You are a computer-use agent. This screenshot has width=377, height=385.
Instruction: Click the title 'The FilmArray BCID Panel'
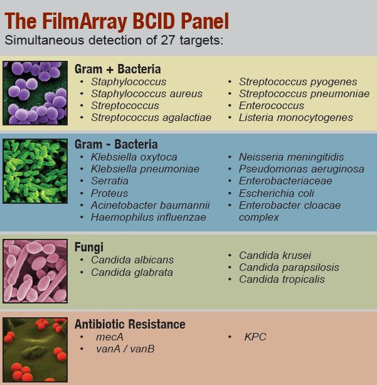[x=117, y=21]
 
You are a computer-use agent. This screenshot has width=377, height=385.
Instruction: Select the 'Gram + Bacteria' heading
[x=118, y=69]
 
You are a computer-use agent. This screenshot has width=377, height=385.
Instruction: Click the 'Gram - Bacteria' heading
[x=116, y=144]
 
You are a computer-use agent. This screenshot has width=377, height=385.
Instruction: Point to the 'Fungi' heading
[x=89, y=247]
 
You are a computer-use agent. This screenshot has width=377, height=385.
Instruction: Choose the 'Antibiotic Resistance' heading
[x=130, y=324]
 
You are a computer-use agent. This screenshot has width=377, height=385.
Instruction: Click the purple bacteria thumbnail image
[x=35, y=93]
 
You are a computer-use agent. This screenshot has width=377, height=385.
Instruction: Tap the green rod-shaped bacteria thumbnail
[x=35, y=171]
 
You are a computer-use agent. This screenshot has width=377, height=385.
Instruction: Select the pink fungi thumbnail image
[x=35, y=271]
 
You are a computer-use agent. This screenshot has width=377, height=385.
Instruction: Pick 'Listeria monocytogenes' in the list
[x=296, y=117]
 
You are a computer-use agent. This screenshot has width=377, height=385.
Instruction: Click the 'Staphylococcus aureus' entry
[x=147, y=93]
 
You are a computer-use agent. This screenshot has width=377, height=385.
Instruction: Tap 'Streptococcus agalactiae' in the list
[x=151, y=117]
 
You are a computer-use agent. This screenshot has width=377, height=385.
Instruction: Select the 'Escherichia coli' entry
[x=277, y=193]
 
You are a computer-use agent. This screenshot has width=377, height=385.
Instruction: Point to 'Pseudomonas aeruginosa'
[x=302, y=169]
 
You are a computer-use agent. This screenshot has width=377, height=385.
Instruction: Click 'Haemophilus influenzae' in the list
[x=149, y=217]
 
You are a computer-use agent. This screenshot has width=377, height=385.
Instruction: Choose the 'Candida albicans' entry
[x=132, y=260]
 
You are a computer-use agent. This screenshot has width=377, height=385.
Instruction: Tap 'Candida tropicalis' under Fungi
[x=282, y=279]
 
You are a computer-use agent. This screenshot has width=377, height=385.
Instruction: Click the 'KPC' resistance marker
[x=255, y=337]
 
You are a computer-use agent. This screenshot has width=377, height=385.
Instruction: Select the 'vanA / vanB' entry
[x=125, y=349]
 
